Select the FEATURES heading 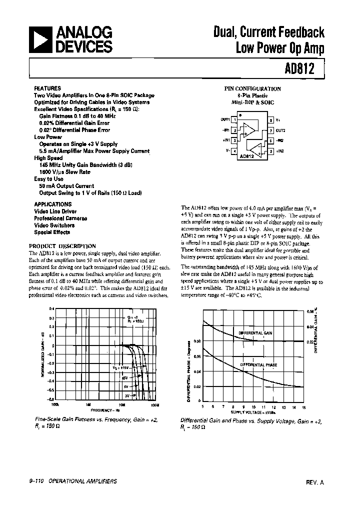pos(47,88)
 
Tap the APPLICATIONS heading pos(53,204)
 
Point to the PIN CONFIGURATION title pos(252,88)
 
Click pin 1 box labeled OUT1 pos(234,120)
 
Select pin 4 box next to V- pos(234,150)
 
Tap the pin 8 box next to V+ pos(270,120)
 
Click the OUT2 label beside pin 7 pos(280,130)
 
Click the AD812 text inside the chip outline pos(246,155)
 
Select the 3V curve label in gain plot pos(126,395)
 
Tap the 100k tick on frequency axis pos(55,404)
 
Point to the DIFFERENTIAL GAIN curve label pos(255,332)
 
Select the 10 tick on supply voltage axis pos(253,407)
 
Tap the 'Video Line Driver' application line pos(54,211)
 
